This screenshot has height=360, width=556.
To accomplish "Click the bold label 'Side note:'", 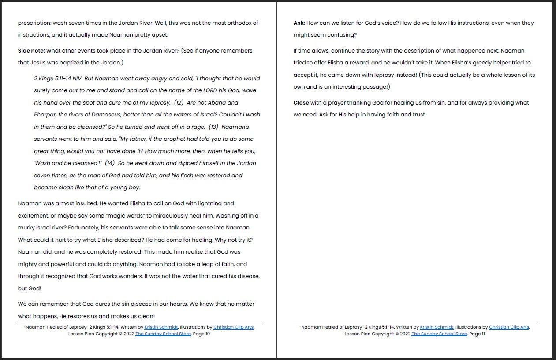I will click(31, 51).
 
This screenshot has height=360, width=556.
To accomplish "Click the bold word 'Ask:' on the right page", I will click(299, 23).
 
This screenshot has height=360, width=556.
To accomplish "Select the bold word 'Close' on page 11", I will click(301, 103).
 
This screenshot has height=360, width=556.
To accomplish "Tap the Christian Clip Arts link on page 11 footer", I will click(509, 327).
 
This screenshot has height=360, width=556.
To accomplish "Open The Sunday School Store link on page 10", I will click(163, 334).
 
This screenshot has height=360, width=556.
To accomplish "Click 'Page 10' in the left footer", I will click(202, 334).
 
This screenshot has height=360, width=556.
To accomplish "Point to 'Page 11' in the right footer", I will click(477, 334).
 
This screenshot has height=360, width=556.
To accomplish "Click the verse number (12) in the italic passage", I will click(179, 103).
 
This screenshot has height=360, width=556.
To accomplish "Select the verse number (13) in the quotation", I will click(213, 127).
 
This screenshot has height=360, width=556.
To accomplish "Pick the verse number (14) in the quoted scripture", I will click(110, 163).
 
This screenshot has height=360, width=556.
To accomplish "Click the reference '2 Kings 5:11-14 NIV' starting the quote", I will click(57, 79).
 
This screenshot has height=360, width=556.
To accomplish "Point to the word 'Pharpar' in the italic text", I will click(45, 115).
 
